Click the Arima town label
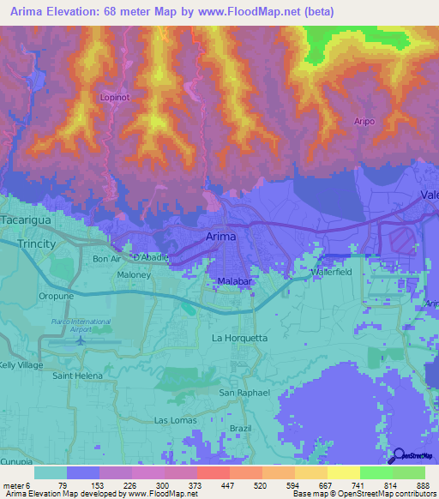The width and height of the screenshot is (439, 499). pos(220,236)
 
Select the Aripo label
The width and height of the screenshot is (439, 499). pos(364,122)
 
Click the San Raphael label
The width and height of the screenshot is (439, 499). pos(244,393)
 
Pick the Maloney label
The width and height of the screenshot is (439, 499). pos(134,275)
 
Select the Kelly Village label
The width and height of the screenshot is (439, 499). pos(21,365)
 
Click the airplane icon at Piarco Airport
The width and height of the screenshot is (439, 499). pos(81,339)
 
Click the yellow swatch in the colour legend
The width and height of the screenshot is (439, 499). pos(343,472)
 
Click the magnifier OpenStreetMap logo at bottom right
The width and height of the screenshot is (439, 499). pos(399,456)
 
